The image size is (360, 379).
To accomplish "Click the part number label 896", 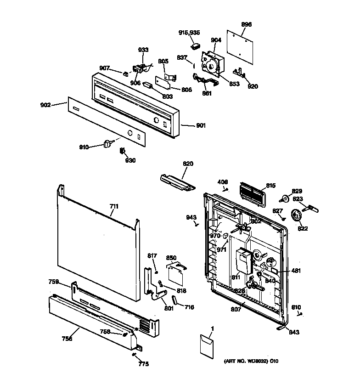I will pyautogui.click(x=247, y=24).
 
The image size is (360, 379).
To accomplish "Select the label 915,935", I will pyautogui.click(x=189, y=32).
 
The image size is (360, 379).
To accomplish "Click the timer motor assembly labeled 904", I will pyautogui.click(x=212, y=63).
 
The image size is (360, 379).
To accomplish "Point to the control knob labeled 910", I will pyautogui.click(x=109, y=144).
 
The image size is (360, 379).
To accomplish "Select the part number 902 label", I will pyautogui.click(x=45, y=104).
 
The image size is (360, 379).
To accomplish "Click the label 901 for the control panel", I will pyautogui.click(x=200, y=125).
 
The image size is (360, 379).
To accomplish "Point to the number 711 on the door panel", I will pyautogui.click(x=113, y=207).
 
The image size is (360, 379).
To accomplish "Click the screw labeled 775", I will pyautogui.click(x=134, y=354).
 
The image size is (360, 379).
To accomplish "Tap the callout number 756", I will pyautogui.click(x=67, y=339).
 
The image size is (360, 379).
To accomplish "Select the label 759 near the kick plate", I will pyautogui.click(x=54, y=282).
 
